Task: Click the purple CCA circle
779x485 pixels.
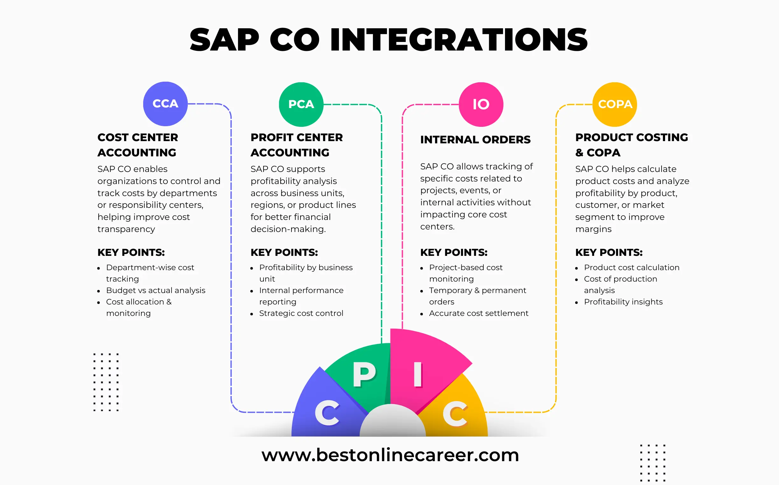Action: click(x=165, y=104)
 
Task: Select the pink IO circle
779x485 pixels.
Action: click(x=481, y=104)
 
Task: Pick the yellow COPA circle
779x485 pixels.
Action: click(x=614, y=104)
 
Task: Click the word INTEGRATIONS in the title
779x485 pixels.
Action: click(x=459, y=40)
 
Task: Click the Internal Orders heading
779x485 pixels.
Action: click(x=475, y=140)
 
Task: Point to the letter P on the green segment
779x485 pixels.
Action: click(x=364, y=375)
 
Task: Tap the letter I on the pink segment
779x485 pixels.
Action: click(x=418, y=375)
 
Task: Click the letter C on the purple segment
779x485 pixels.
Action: click(x=327, y=413)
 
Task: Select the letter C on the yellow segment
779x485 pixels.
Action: click(x=455, y=414)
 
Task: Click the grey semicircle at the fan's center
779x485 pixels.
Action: click(x=392, y=422)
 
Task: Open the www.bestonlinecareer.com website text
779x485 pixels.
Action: click(x=390, y=455)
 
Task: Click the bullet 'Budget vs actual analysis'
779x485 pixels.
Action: click(x=155, y=290)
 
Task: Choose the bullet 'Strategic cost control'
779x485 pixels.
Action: click(x=301, y=313)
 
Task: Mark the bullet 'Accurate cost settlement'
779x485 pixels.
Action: click(x=479, y=313)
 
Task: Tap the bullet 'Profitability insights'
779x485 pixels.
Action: click(x=623, y=302)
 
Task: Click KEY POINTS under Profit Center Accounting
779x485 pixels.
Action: click(x=284, y=252)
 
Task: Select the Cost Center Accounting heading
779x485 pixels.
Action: click(x=137, y=145)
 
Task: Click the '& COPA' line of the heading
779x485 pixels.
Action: click(x=598, y=153)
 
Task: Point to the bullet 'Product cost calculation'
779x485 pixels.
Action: click(x=631, y=268)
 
